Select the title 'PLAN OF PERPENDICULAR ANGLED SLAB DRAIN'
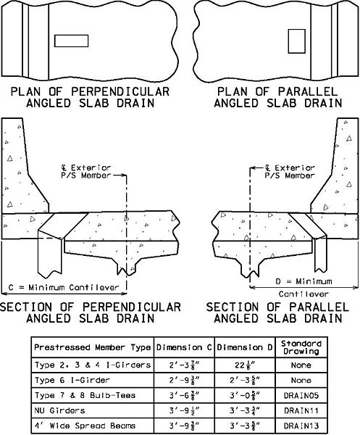pyautogui.click(x=90, y=97)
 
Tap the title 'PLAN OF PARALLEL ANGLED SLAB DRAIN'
pyautogui.click(x=277, y=97)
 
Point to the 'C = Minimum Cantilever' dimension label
pyautogui.click(x=64, y=287)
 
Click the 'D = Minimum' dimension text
pyautogui.click(x=304, y=281)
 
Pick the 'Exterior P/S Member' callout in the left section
pyautogui.click(x=86, y=171)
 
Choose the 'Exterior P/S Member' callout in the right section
pyautogui.click(x=290, y=171)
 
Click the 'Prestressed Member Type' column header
pyautogui.click(x=92, y=347)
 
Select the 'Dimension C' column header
pyautogui.click(x=184, y=347)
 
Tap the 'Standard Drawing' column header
pyautogui.click(x=301, y=347)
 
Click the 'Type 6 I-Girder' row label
pyautogui.click(x=72, y=380)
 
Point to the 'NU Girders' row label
pyautogui.click(x=59, y=410)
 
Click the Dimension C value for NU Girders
pyautogui.click(x=184, y=410)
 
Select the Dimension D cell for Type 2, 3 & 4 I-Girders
pyautogui.click(x=246, y=365)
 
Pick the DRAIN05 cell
pyautogui.click(x=301, y=395)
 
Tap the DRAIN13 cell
pyautogui.click(x=301, y=426)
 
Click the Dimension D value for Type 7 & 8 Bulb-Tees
pyautogui.click(x=245, y=396)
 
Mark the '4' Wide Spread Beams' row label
pyautogui.click(x=85, y=426)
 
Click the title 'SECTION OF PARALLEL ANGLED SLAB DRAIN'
pyautogui.click(x=277, y=312)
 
